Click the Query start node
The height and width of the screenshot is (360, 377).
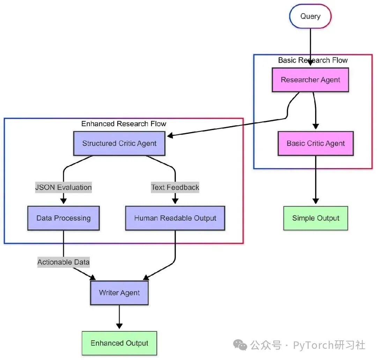pyautogui.click(x=310, y=16)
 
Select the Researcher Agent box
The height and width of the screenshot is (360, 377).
pyautogui.click(x=310, y=80)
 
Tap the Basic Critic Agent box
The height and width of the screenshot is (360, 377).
pyautogui.click(x=316, y=143)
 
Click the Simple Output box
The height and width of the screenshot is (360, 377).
pyautogui.click(x=316, y=218)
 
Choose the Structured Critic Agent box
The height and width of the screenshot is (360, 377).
pyautogui.click(x=119, y=143)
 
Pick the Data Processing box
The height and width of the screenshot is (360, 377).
pyautogui.click(x=64, y=218)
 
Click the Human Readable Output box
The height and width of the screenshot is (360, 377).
pyautogui.click(x=175, y=218)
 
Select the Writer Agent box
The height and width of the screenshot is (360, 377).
pyautogui.click(x=119, y=293)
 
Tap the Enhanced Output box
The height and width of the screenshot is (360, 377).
pyautogui.click(x=119, y=343)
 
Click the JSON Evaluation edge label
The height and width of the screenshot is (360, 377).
pyautogui.click(x=64, y=187)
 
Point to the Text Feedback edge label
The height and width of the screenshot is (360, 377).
pyautogui.click(x=175, y=187)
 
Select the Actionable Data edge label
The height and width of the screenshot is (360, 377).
pyautogui.click(x=64, y=262)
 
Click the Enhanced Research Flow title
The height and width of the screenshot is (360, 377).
pyautogui.click(x=124, y=124)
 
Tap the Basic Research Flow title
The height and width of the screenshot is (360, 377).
pyautogui.click(x=313, y=60)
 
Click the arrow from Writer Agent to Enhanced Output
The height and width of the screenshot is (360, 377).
pyautogui.click(x=119, y=316)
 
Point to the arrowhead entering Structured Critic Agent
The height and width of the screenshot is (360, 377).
pyautogui.click(x=170, y=135)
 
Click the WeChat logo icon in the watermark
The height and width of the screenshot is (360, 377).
pyautogui.click(x=240, y=345)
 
